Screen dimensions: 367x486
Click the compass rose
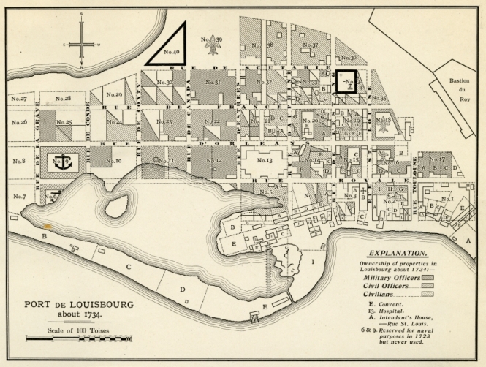pyautogui.click(x=82, y=44)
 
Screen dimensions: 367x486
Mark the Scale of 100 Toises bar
pyautogui.click(x=78, y=339)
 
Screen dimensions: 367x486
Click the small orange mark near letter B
pyautogui.click(x=48, y=227)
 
